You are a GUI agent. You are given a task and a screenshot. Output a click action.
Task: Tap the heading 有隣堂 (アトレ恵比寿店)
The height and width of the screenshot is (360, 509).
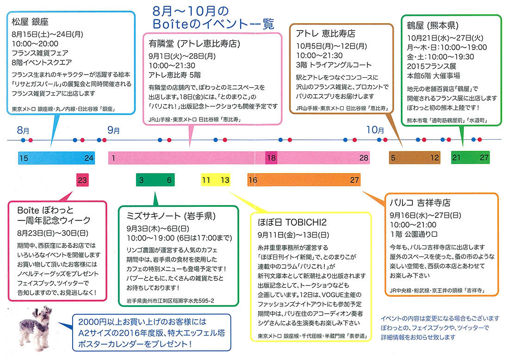point(194,44)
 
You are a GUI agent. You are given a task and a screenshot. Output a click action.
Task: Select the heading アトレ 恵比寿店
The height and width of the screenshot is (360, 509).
point(323,34)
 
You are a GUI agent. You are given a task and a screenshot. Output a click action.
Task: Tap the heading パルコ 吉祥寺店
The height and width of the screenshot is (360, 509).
point(421,203)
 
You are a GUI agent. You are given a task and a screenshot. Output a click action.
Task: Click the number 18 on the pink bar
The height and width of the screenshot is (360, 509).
point(271,158)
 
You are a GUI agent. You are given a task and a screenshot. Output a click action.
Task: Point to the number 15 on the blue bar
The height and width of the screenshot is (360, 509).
point(24,158)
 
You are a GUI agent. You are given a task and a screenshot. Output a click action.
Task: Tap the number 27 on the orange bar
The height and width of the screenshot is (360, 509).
point(354,180)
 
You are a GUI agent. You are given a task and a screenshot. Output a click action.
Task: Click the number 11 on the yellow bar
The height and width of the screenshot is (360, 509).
point(206,180)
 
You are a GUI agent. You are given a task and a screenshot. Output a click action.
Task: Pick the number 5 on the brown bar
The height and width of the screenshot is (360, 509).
point(393,158)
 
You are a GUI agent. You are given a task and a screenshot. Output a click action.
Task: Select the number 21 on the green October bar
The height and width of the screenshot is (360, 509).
point(456,158)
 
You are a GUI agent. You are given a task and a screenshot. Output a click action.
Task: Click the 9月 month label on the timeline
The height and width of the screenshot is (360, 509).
point(113,130)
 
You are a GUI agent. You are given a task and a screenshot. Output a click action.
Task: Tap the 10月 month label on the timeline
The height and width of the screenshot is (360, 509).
point(375,130)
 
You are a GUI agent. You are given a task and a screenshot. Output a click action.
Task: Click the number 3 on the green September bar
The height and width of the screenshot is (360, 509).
point(142,180)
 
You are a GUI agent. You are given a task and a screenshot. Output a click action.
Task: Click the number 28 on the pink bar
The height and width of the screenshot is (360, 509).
point(364,158)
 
